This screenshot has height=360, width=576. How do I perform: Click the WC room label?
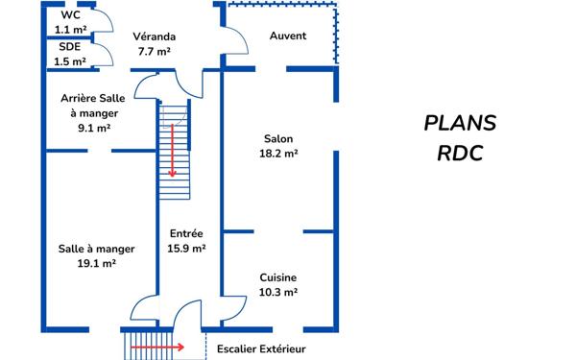pyautogui.click(x=70, y=16)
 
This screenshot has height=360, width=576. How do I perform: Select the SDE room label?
pyautogui.click(x=70, y=46)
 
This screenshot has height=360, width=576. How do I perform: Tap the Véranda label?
pyautogui.click(x=153, y=36)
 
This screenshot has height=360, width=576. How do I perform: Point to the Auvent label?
pyautogui.click(x=288, y=36)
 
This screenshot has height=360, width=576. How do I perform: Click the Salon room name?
pyautogui.click(x=278, y=138)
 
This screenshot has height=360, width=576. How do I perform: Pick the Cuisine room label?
pyautogui.click(x=278, y=277)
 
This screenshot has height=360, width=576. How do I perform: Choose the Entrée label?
pyautogui.click(x=186, y=233)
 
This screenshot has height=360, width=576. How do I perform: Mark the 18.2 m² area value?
pyautogui.click(x=278, y=153)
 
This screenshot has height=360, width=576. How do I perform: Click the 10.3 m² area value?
pyautogui.click(x=278, y=292)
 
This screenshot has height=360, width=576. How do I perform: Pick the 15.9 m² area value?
pyautogui.click(x=187, y=249)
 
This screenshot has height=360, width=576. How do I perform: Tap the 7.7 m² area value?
pyautogui.click(x=153, y=51)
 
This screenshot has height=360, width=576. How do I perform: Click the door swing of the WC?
pyautogui.click(x=106, y=22)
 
